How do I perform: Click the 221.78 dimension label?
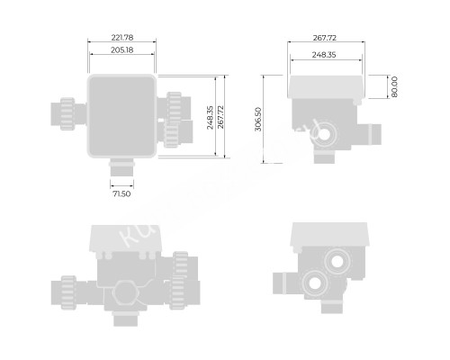click(x=122, y=38)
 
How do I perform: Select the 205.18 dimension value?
click(x=122, y=50)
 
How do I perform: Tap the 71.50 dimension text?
click(x=121, y=193)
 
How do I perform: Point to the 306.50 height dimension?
click(x=259, y=118)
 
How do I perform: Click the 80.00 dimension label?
click(x=394, y=87)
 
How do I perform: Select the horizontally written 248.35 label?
click(x=326, y=55)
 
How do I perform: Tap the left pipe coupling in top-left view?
click(x=65, y=112)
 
